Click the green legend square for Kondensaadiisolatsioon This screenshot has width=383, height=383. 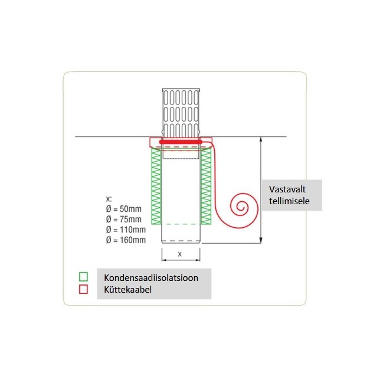pyautogui.click(x=84, y=276)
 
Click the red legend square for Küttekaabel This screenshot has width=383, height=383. pyautogui.click(x=84, y=289)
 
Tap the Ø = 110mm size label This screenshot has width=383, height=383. pyautogui.click(x=125, y=229)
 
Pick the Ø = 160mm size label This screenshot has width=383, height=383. pyautogui.click(x=125, y=239)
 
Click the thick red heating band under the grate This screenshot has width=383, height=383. pyautogui.click(x=181, y=142)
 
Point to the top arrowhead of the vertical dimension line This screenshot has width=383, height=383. pyautogui.click(x=260, y=140)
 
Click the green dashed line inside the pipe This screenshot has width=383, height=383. pyautogui.click(x=181, y=224)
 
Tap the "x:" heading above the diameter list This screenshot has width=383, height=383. pyautogui.click(x=107, y=199)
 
